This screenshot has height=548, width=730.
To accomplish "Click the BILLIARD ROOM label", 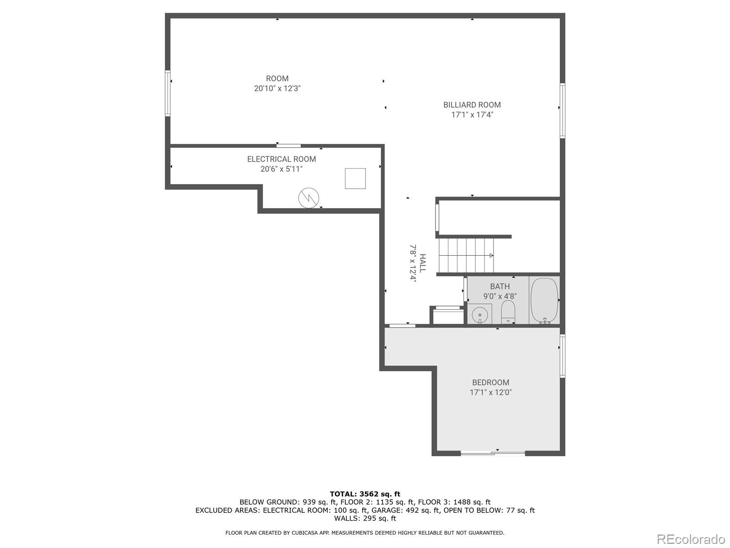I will point(472,105).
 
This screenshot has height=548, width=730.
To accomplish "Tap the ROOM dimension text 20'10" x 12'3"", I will point(277,89).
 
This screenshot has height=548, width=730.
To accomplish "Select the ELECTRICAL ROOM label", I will point(282,159).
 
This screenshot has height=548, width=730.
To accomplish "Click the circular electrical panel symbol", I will point(309,198).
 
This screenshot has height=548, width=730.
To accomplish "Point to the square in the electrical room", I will point(355,178).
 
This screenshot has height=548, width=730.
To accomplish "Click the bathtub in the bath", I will point(544,300).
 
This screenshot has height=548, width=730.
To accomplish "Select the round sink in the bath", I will point(480,314).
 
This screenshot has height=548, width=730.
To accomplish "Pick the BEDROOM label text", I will point(490,383).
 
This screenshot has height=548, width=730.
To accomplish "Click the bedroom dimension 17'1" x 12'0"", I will point(490,392).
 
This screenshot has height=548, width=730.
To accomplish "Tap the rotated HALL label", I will point(422,263).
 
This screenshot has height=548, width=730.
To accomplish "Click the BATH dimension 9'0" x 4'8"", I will point(500,296).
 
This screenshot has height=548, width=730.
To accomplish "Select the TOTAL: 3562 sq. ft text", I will point(365,494).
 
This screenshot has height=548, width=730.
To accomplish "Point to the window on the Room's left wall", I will point(167,93).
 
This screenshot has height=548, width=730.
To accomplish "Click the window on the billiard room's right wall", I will point(563,111).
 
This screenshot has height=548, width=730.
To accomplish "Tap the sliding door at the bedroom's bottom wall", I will point(493,453).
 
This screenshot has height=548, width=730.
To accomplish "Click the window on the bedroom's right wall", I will point(563,356).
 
